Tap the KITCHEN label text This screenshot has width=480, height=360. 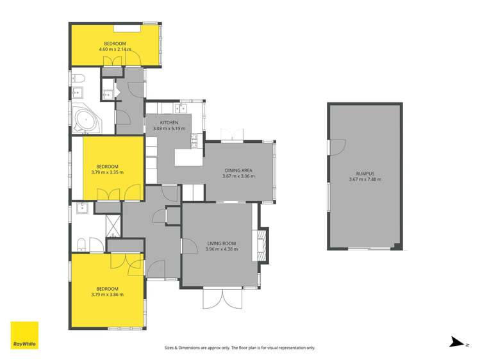pyautogui.click(x=170, y=122)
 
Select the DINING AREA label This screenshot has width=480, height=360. pyautogui.click(x=238, y=170)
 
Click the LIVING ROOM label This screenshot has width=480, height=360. pyautogui.click(x=222, y=243)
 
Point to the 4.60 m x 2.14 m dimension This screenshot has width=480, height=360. pyautogui.click(x=115, y=49)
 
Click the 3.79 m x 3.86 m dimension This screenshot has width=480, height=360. pyautogui.click(x=107, y=295)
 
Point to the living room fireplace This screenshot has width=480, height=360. pyautogui.click(x=260, y=245)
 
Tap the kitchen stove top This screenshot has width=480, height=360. pyautogui.click(x=193, y=138)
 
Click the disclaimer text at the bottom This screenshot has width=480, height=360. pyautogui.click(x=240, y=348)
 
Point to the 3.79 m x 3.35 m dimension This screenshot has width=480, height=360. pyautogui.click(x=107, y=172)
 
